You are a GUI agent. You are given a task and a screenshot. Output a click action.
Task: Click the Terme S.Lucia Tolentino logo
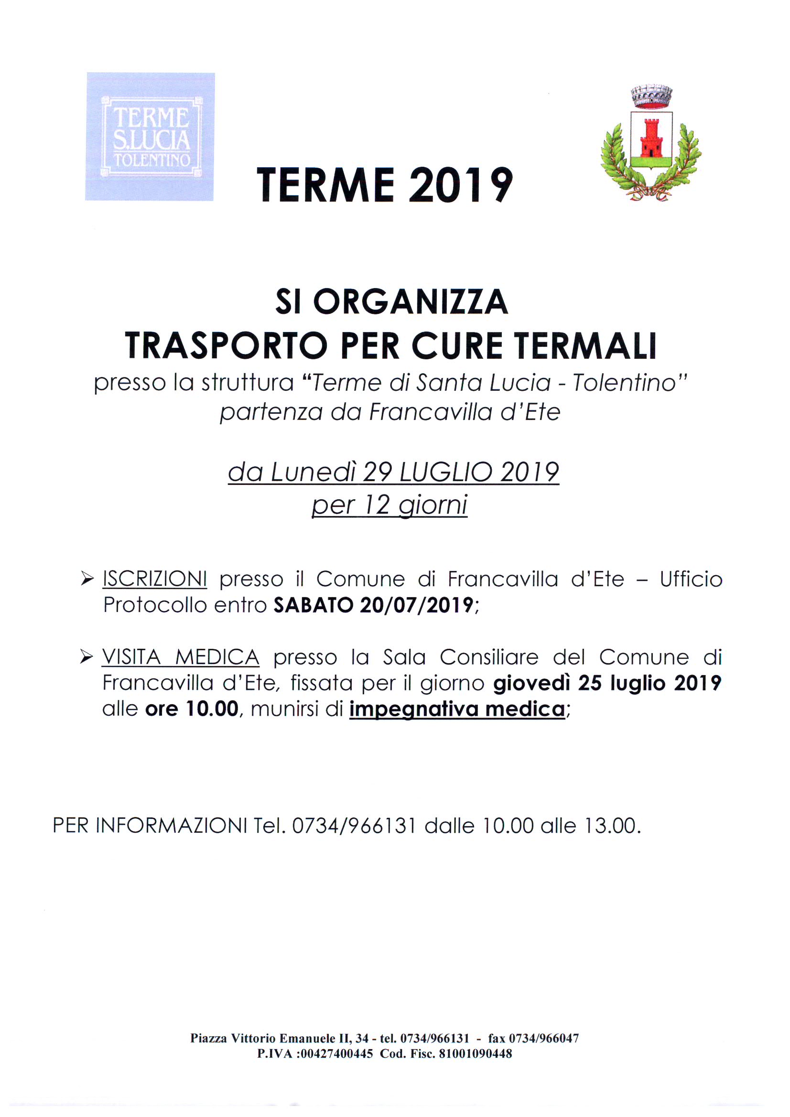coord(150,137)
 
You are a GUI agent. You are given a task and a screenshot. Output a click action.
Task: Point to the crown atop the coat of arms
coord(651,97)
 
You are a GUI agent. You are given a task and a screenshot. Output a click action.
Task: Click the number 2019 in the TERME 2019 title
coord(460,185)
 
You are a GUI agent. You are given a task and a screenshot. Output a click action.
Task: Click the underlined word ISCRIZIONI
coord(155,580)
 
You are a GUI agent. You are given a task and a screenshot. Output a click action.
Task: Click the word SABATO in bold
coord(313,605)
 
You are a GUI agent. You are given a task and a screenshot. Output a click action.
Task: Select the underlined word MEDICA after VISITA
coord(217,658)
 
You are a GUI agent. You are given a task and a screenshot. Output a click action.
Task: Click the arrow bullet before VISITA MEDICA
coord(87,658)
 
